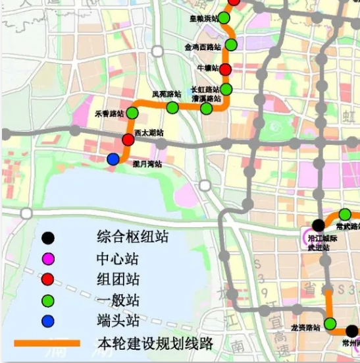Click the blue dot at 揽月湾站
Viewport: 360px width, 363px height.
point(113,159)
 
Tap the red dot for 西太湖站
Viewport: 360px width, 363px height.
point(128,140)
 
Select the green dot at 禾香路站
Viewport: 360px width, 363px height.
point(132,113)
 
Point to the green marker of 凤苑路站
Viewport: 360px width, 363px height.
point(172,107)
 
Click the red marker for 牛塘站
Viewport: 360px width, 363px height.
point(225,70)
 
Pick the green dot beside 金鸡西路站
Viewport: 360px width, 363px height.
point(231,45)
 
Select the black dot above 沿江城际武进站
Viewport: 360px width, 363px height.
point(318,225)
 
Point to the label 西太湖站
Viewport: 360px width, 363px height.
point(149,132)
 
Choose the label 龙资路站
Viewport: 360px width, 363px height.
point(305,327)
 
